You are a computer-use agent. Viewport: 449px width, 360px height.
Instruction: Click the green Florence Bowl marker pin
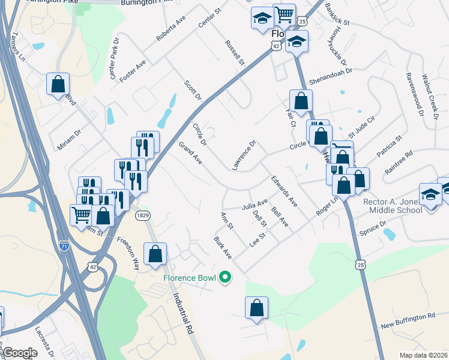coord(225,277)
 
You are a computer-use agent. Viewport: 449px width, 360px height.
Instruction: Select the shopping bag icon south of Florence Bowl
coord(256,307)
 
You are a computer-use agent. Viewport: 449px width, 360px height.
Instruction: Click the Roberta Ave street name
coord(172,29)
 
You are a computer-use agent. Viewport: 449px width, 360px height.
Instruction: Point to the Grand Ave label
coord(190,152)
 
